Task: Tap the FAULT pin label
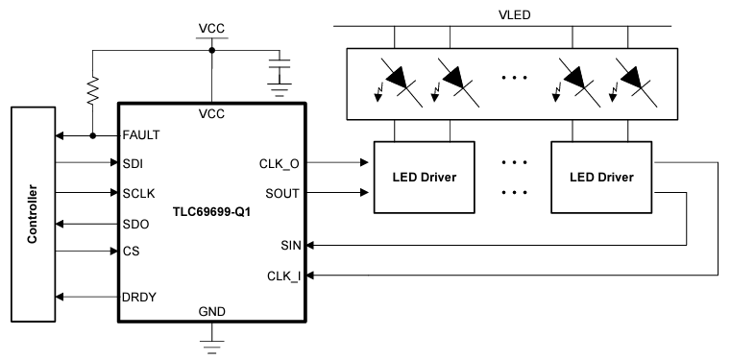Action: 140,135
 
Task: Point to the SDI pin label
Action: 133,163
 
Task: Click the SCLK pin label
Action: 137,193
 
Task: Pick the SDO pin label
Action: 134,223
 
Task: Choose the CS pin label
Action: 131,252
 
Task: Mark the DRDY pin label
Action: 138,298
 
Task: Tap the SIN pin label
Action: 291,246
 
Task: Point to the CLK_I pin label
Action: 284,276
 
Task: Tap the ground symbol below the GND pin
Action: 210,341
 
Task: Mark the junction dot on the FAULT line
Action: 93,135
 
